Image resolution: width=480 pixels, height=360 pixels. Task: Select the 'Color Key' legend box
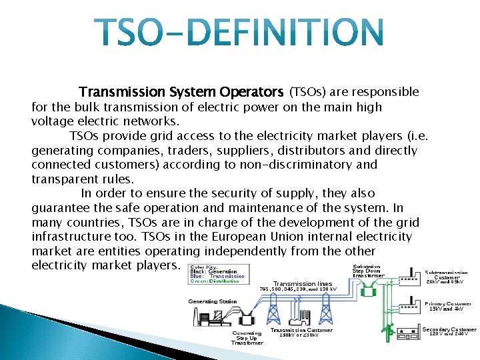[x=218, y=274]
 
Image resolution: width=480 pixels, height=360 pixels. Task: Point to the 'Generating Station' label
[x=213, y=301]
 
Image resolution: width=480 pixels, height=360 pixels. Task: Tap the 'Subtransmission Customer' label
[x=447, y=275]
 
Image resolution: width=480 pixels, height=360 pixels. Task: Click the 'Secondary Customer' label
[x=449, y=331]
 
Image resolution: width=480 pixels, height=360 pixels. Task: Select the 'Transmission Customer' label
[x=301, y=330]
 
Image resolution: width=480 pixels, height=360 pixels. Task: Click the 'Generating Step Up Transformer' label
[x=247, y=338]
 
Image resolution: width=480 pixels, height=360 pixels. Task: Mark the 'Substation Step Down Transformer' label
[x=368, y=271]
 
